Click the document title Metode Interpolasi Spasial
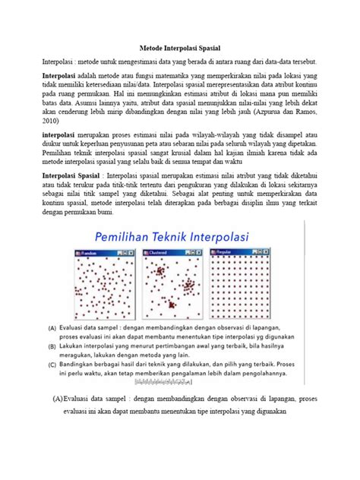(179, 46)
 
